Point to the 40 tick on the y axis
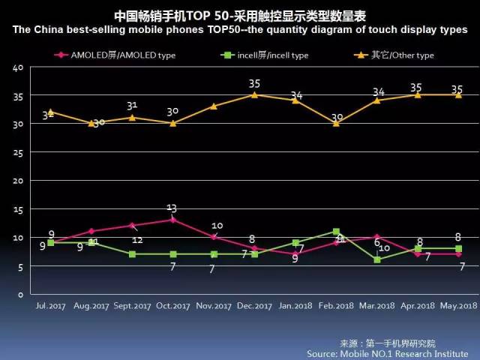click(19, 67)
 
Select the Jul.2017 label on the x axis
click(50, 306)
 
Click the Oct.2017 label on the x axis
click(172, 306)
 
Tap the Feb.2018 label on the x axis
click(336, 306)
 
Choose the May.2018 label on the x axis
click(458, 306)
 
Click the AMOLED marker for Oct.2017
click(172, 220)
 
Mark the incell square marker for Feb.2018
click(336, 232)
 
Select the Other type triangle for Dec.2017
click(254, 94)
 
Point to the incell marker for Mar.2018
click(377, 259)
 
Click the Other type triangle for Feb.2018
click(336, 123)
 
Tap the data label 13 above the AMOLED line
click(172, 208)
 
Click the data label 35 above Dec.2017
click(254, 84)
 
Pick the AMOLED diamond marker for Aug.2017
click(91, 231)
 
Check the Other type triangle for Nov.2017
click(214, 106)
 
